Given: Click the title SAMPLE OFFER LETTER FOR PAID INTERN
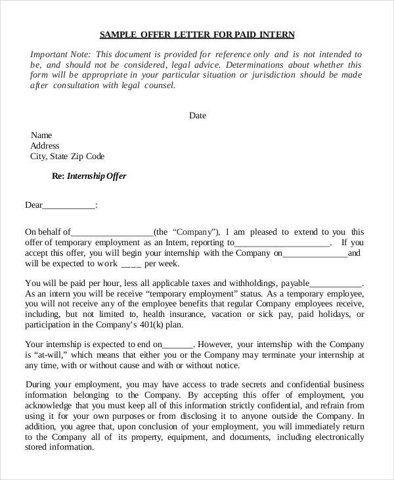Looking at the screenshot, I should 197,34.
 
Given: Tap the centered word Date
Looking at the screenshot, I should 198,116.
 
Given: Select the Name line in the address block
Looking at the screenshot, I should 41,134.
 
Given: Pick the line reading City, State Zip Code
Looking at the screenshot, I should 67,156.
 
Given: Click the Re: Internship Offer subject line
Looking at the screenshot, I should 89,176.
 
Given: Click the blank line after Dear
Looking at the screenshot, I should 69,206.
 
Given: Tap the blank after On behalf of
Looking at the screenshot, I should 112,233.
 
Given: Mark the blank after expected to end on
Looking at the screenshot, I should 177,344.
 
